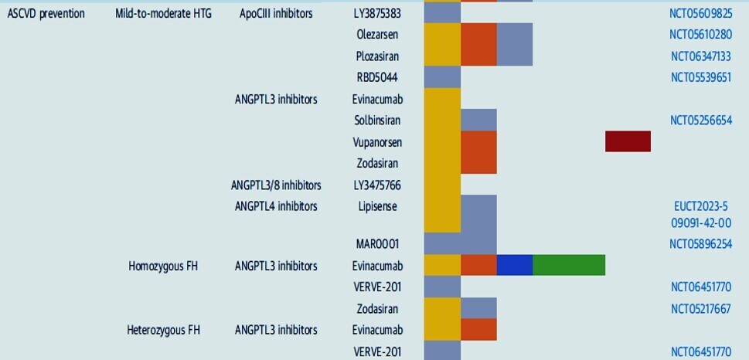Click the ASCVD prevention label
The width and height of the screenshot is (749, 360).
[x=46, y=13]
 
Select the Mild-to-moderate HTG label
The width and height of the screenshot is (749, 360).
[x=163, y=13]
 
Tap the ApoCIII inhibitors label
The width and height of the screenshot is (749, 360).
[x=276, y=13]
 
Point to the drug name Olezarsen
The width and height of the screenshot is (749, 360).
[x=377, y=35]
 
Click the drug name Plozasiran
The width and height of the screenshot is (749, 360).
[x=377, y=56]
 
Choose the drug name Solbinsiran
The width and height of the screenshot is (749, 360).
[x=377, y=121]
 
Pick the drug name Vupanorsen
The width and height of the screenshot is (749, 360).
[x=377, y=142]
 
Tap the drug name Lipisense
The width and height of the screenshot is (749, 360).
[x=377, y=206]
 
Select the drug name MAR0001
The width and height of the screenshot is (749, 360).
[x=377, y=244]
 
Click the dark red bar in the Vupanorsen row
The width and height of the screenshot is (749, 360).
[x=628, y=141]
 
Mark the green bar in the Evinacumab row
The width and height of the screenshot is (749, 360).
[x=569, y=265]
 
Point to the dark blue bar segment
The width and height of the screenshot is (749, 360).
[x=515, y=265]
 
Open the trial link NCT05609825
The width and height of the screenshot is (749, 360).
[x=701, y=13]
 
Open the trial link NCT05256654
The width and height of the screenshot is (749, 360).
[x=701, y=121]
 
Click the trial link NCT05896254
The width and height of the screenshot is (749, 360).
[x=701, y=244]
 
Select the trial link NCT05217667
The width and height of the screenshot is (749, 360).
[x=701, y=309]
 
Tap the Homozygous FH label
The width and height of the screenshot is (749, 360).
[x=163, y=267]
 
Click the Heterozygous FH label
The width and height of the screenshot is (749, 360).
[x=163, y=331]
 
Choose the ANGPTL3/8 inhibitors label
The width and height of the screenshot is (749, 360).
[x=276, y=185]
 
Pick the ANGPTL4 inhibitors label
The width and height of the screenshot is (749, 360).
[x=276, y=206]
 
